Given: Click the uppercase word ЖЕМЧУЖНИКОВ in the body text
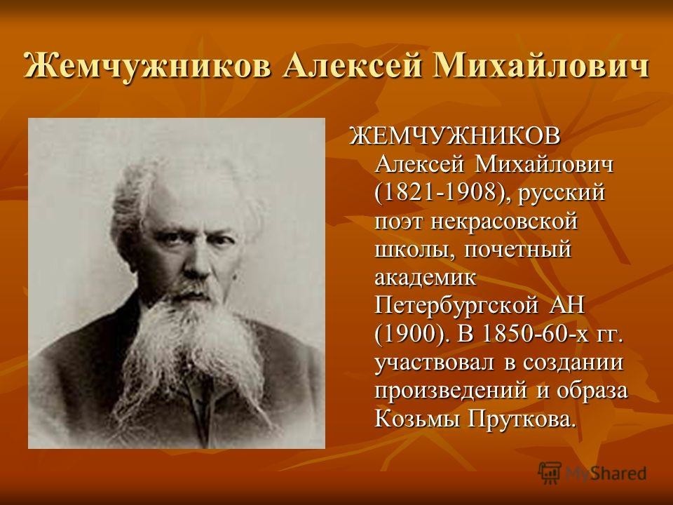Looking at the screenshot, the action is (456, 137).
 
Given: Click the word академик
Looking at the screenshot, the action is (426, 278).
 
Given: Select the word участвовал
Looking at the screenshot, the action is (435, 363).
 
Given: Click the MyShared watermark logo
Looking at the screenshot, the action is (592, 473).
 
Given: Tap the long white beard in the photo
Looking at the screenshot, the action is (189, 344).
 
